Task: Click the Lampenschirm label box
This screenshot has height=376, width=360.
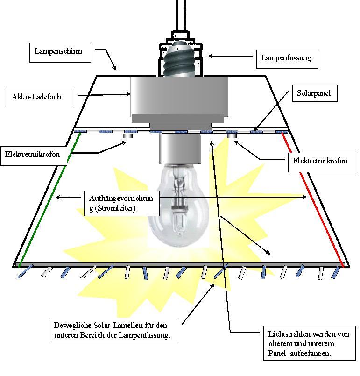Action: [x=58, y=51]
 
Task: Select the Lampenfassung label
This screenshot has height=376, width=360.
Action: [x=285, y=58]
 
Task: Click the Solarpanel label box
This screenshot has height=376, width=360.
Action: [x=313, y=93]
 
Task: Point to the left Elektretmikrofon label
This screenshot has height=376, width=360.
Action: [x=33, y=154]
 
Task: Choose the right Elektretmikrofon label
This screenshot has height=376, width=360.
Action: [x=320, y=161]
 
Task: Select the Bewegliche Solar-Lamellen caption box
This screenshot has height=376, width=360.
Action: [x=114, y=330]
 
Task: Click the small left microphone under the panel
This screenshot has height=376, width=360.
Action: [x=128, y=136]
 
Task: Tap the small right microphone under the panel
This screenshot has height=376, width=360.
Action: [x=232, y=136]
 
